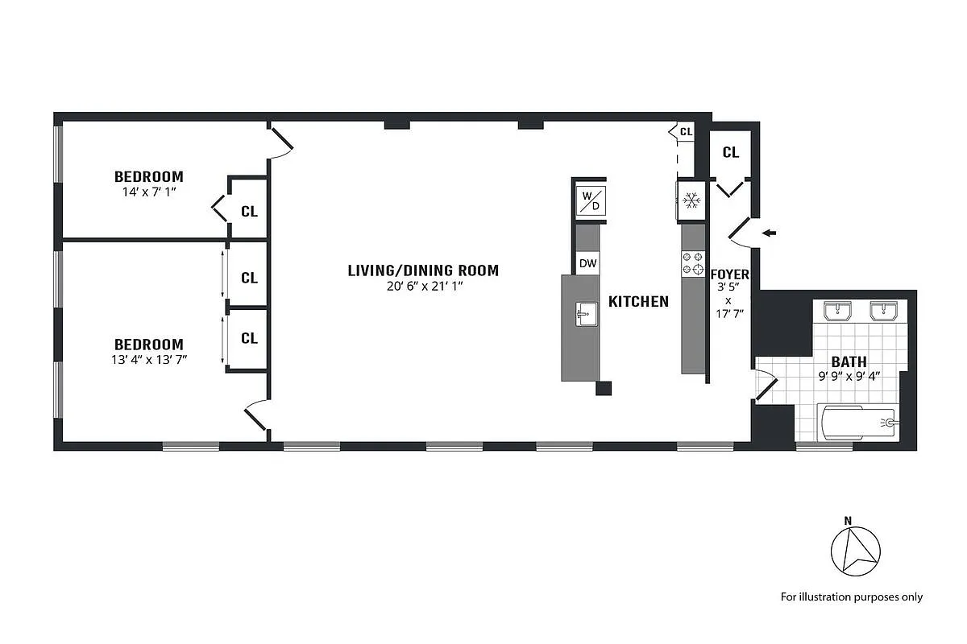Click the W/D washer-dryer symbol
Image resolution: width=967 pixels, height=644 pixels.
590,200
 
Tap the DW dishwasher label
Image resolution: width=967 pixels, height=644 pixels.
587,262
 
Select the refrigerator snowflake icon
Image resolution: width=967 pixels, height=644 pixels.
691,201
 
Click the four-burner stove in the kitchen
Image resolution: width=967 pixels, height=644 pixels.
692,264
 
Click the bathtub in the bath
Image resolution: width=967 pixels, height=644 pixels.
857,423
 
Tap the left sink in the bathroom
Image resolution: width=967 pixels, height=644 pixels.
839,311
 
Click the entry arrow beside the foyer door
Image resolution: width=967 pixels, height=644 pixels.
770,233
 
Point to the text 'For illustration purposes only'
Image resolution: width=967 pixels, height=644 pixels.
851,597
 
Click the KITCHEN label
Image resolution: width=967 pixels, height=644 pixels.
638,302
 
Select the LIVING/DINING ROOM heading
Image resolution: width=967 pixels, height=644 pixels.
423,270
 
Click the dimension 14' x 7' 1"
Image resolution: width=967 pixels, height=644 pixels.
148,192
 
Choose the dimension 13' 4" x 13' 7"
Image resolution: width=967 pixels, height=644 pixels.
148,359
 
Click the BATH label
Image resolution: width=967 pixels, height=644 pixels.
849,362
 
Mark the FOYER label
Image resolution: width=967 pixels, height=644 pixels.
728,275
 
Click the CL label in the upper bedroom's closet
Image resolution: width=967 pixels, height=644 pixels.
249,212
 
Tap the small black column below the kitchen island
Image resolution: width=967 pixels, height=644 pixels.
604,389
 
